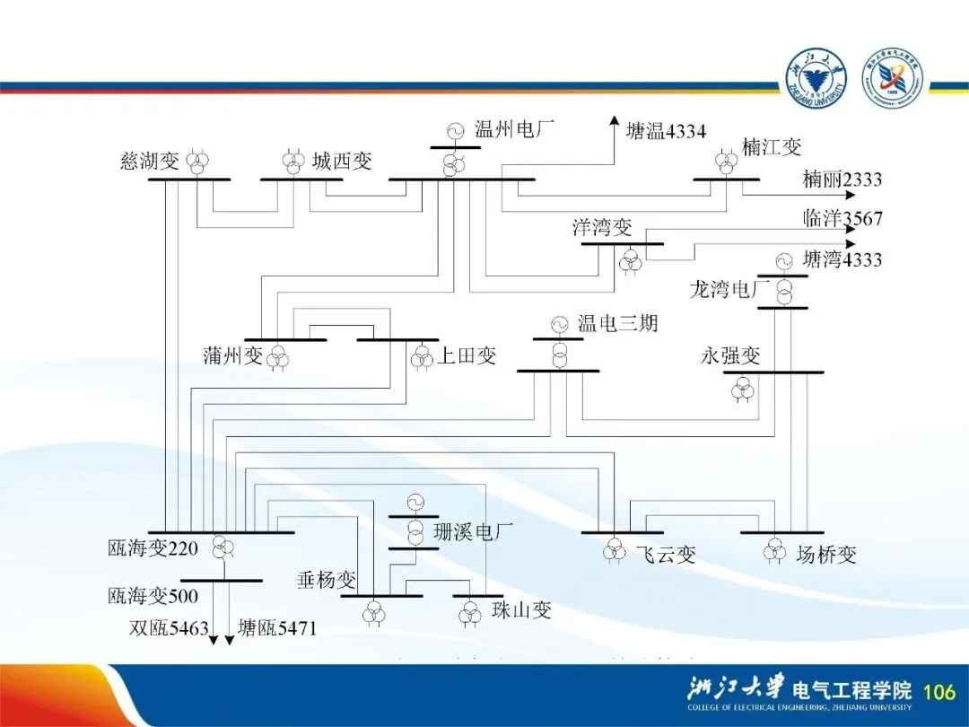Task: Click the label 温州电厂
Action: click(514, 130)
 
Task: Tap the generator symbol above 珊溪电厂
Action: click(415, 502)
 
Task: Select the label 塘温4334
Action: click(665, 132)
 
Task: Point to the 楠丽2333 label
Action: click(842, 180)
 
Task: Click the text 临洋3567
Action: click(842, 218)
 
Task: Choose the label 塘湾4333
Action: click(842, 260)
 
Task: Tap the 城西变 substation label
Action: click(342, 162)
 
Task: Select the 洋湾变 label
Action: click(603, 227)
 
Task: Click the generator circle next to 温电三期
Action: click(560, 324)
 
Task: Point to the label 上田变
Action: click(467, 356)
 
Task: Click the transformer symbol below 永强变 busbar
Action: click(743, 390)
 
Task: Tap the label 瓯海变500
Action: click(153, 595)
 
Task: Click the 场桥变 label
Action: click(826, 555)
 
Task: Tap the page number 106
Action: click(938, 691)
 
